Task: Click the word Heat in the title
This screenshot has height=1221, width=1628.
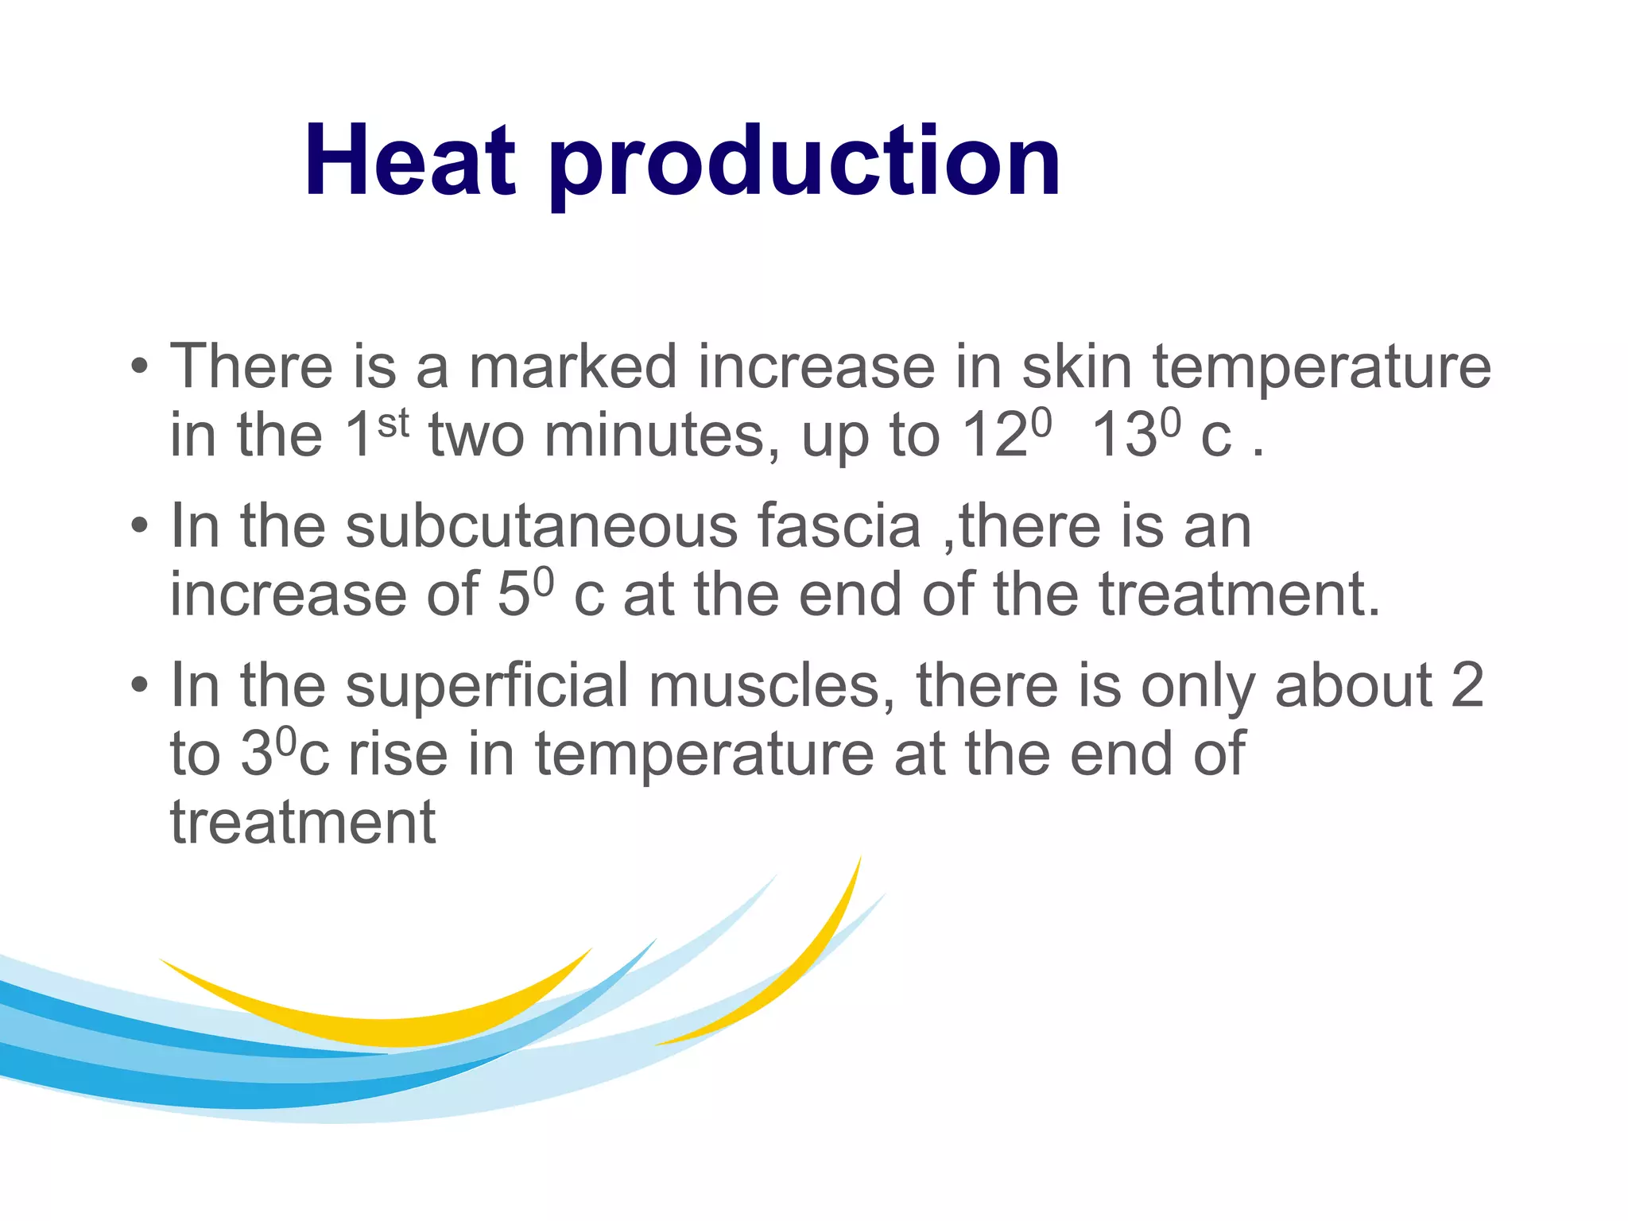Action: click(x=409, y=161)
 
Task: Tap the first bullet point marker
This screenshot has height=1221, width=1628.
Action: click(x=140, y=367)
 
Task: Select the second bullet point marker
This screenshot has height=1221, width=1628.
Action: click(x=140, y=526)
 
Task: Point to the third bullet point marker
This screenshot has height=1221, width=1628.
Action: click(x=140, y=685)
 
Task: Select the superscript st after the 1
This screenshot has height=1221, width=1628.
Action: click(x=393, y=423)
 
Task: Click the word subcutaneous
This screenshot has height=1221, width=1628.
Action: click(x=541, y=526)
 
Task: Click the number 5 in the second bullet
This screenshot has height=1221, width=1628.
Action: click(x=514, y=595)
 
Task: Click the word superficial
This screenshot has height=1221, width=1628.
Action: click(x=486, y=685)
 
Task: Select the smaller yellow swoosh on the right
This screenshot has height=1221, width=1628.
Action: click(x=795, y=978)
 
